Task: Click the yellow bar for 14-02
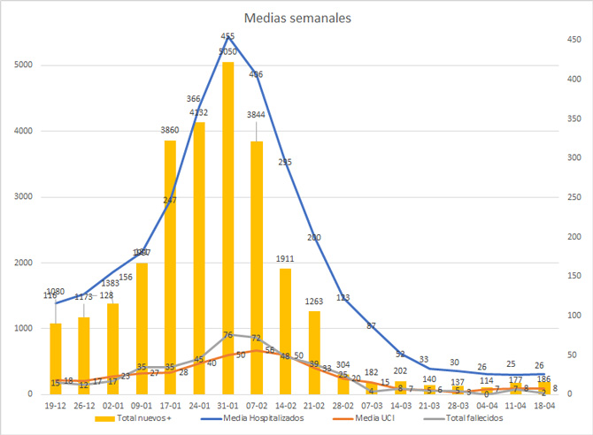point(285,331)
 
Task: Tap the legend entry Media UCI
point(373,418)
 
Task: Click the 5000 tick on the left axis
point(24,65)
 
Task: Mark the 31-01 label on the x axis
point(228,405)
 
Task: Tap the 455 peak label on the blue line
point(228,38)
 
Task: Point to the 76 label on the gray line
point(227,335)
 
